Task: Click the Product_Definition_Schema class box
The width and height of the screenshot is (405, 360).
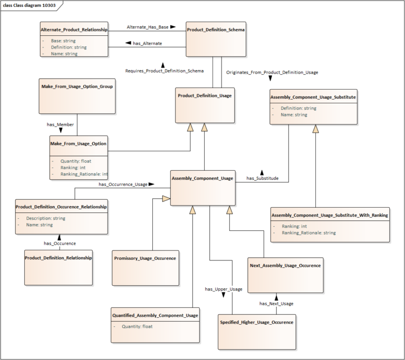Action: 216,39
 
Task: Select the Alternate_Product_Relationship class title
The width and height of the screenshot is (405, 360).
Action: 74,30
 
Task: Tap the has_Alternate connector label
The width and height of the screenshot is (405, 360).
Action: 147,43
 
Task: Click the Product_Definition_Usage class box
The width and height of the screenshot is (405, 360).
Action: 205,105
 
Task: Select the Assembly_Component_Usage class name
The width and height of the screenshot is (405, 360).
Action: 202,179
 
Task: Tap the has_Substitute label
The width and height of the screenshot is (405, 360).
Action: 262,178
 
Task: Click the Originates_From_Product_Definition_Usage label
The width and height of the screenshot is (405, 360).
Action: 272,72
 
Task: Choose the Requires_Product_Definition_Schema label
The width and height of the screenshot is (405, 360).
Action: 164,71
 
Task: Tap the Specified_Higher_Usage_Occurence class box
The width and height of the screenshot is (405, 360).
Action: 257,332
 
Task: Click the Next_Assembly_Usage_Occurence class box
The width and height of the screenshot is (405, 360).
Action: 285,275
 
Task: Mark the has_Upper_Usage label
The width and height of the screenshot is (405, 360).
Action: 224,289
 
